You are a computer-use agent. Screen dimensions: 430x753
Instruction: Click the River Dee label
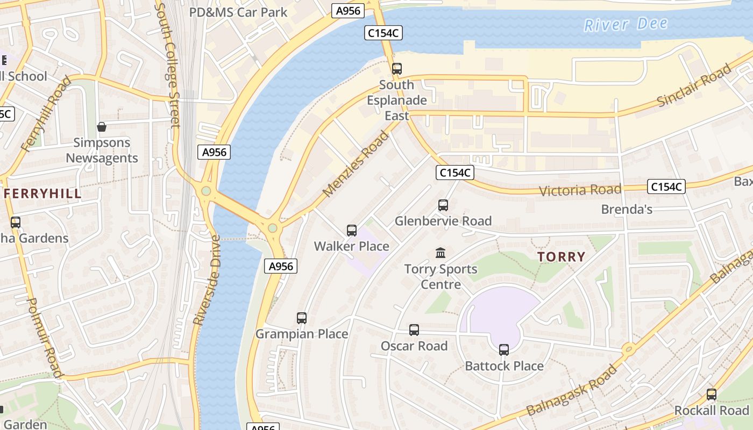click(626, 24)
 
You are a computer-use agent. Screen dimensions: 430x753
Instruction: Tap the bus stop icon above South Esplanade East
click(397, 69)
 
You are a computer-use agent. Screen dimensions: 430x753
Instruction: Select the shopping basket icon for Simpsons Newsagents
click(102, 127)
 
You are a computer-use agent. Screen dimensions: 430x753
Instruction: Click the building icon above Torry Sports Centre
click(441, 253)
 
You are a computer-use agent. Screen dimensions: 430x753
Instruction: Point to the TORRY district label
click(561, 257)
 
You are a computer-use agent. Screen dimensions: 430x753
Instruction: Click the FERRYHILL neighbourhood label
click(43, 194)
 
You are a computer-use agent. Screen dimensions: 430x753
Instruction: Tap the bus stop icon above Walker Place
click(352, 231)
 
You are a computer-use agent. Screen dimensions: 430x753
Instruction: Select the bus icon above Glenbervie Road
click(443, 205)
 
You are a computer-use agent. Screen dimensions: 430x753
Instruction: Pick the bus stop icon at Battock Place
click(504, 350)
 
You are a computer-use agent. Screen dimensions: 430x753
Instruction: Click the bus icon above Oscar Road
click(414, 330)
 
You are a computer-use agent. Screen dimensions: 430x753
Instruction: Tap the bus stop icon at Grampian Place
click(302, 318)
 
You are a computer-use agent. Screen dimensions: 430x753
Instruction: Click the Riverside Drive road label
click(207, 280)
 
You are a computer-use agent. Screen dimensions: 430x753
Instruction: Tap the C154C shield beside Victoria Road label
click(666, 187)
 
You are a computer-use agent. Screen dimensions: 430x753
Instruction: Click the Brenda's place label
click(627, 209)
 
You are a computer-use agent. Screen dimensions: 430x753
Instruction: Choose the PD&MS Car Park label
click(238, 12)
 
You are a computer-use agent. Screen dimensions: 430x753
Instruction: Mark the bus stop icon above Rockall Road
click(712, 395)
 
